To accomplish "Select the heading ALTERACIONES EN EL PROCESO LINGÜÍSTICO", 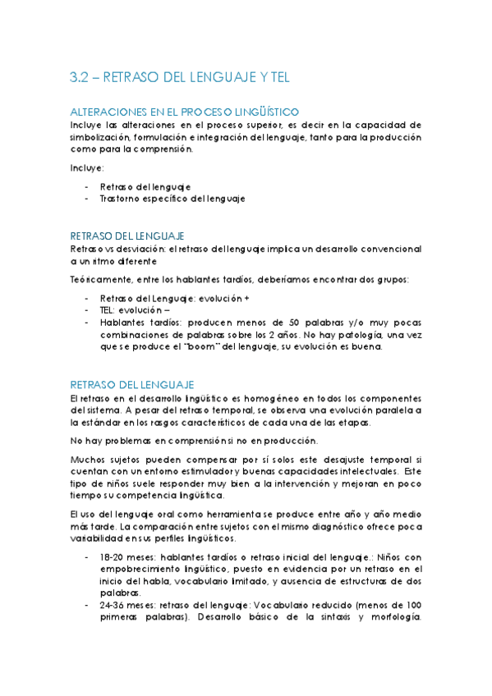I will point(185,112).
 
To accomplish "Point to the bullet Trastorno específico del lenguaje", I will point(172,199).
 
